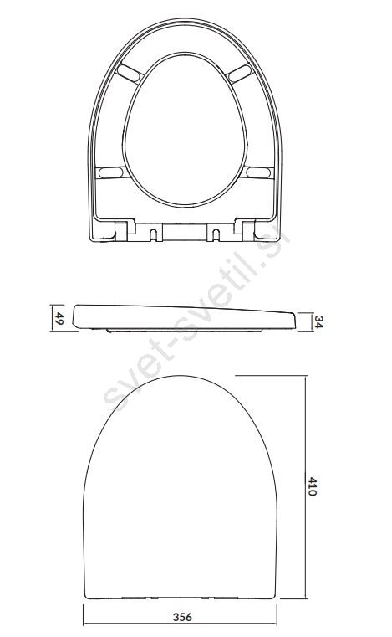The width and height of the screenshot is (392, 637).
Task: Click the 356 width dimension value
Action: click(x=182, y=617)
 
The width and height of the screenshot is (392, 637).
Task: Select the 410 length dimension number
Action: click(x=312, y=486)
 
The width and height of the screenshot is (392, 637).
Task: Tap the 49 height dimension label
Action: click(x=59, y=318)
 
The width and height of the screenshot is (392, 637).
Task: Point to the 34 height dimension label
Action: click(x=318, y=322)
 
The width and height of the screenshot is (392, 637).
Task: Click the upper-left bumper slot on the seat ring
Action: click(x=129, y=73)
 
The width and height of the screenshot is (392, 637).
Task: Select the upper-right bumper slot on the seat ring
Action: click(x=240, y=73)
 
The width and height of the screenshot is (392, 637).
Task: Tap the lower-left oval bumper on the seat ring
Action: click(x=111, y=172)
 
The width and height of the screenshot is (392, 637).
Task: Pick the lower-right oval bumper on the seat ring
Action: click(x=258, y=172)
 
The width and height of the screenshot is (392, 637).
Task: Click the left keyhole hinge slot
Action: click(x=154, y=234)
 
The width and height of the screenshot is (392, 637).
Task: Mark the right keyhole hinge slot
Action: click(x=216, y=234)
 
